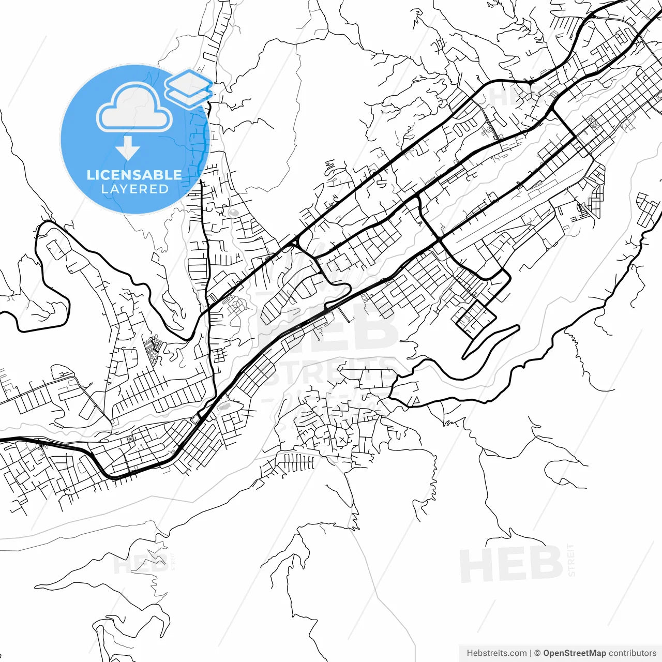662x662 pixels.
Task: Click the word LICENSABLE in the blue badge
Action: click(134, 175)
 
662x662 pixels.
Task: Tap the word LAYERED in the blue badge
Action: click(134, 189)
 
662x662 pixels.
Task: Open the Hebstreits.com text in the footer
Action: click(496, 653)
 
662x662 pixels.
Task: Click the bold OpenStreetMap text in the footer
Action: click(574, 653)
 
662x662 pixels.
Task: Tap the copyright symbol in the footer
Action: click(537, 653)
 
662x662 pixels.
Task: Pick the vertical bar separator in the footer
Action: click(531, 653)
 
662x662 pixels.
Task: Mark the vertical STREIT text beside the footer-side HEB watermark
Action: click(571, 560)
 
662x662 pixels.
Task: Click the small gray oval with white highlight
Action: click(233, 212)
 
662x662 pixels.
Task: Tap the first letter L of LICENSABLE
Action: click(90, 175)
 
